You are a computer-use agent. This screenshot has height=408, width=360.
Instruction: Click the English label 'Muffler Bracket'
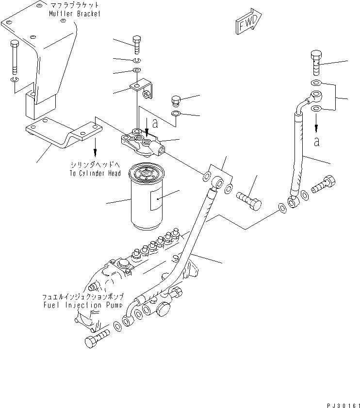tap(75, 14)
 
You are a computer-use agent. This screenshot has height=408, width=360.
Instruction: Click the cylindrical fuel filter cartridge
tap(147, 196)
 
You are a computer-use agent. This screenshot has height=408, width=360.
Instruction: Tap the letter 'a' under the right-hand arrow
tap(317, 141)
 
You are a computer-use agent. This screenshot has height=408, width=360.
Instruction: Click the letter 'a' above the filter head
tap(155, 123)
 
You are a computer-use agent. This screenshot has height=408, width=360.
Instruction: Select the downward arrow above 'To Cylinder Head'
tap(95, 145)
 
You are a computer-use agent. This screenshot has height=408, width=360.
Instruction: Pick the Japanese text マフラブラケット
tap(75, 5)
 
